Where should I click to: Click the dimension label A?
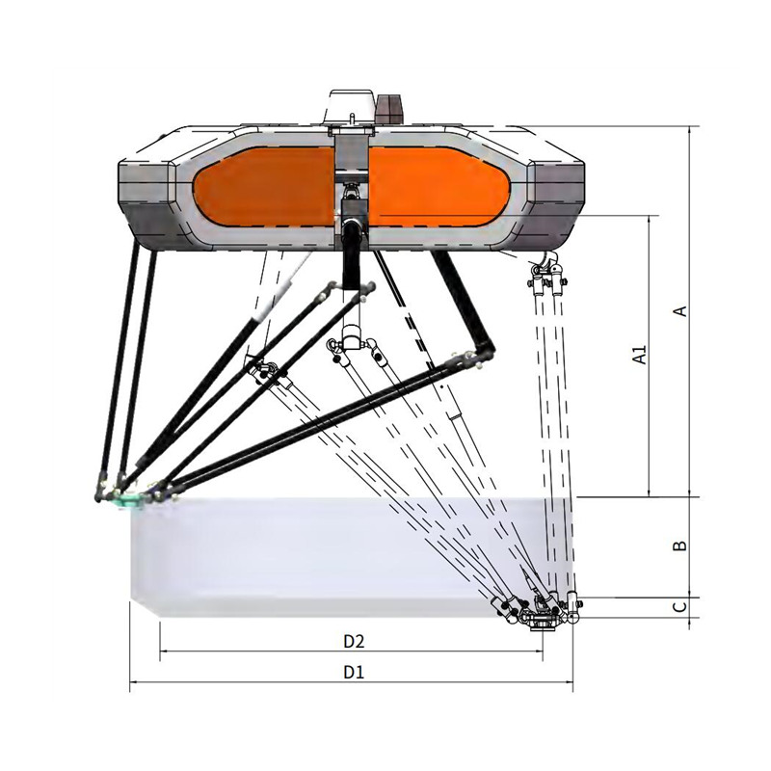[680, 310]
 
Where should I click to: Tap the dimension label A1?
[640, 355]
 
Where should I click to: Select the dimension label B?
[680, 545]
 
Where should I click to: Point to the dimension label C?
[679, 607]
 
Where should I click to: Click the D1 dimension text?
[354, 672]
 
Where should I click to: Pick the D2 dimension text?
[354, 641]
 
